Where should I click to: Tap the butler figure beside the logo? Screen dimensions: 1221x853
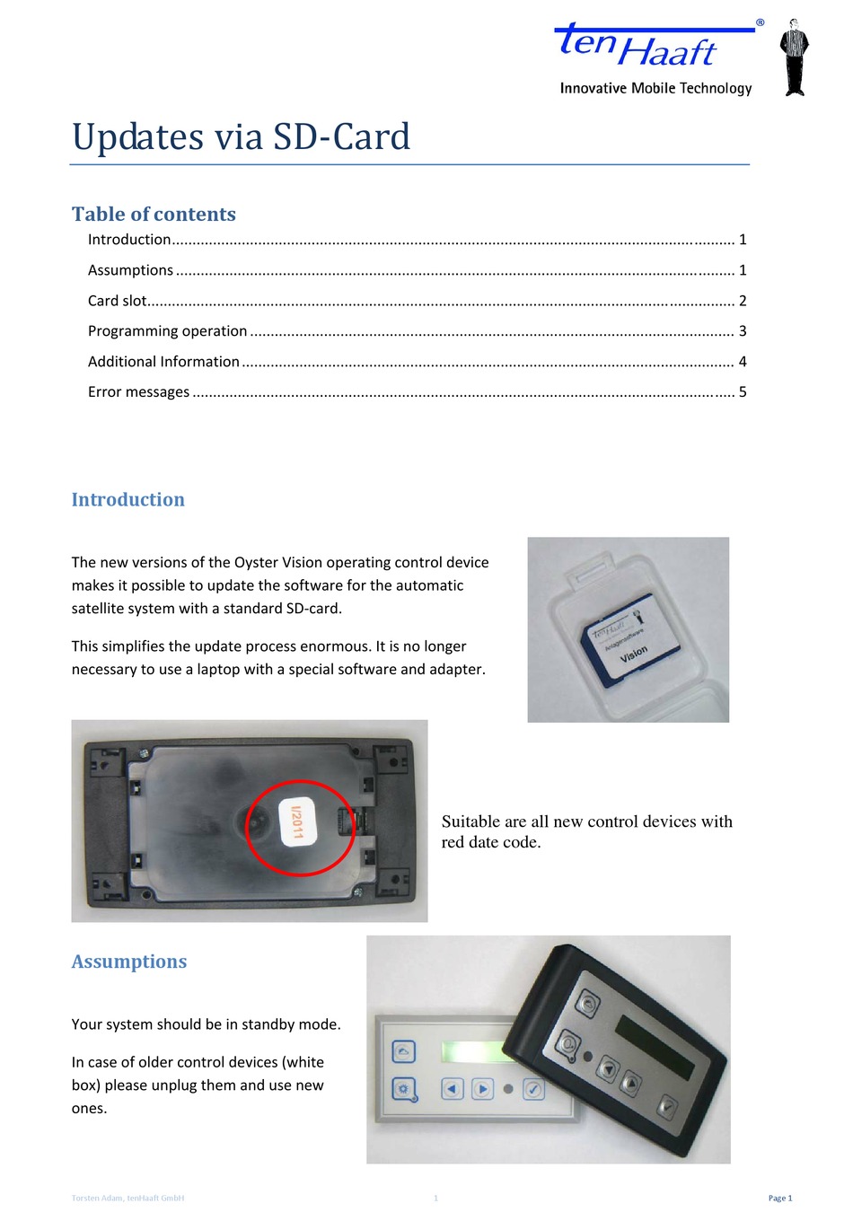[x=794, y=57]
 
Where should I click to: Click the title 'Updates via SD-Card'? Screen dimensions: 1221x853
[x=241, y=137]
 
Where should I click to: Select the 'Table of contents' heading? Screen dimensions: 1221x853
[x=154, y=214]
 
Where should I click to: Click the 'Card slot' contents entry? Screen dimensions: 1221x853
[x=118, y=301]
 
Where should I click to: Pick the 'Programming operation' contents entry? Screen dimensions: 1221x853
[x=167, y=331]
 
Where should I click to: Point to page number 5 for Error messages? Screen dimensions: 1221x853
[x=743, y=392]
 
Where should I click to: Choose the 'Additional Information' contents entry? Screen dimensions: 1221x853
[x=163, y=362]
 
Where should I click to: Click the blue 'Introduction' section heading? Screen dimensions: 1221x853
[x=128, y=500]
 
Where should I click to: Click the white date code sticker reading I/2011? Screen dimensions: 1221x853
[x=295, y=821]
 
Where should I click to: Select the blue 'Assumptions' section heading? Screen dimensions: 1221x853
[x=129, y=962]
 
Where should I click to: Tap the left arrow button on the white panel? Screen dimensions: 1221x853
[x=452, y=1089]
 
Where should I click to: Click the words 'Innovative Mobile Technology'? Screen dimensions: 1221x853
[x=655, y=88]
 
